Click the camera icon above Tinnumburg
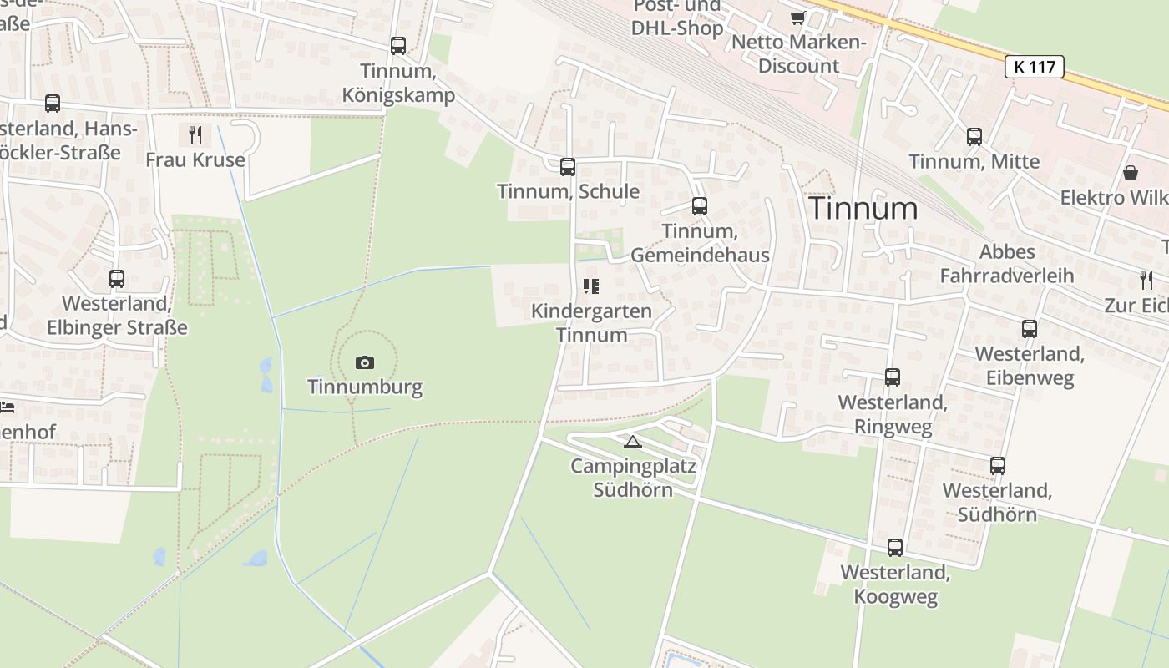coord(365,362)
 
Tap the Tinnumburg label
coord(365,387)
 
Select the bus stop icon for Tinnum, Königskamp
coord(398,46)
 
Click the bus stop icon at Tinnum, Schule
coord(568,167)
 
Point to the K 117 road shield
coord(1035,67)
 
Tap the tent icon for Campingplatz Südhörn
coord(633,442)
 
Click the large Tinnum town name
coord(863,208)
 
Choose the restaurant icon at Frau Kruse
coord(195,134)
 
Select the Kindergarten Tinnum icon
coord(591,287)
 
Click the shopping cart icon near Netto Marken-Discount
coord(797,18)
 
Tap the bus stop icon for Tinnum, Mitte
coord(974,137)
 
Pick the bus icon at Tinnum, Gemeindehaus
coord(700,205)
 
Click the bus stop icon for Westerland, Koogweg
coord(895,548)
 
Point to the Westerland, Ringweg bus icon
coord(893,377)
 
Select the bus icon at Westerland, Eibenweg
coord(1030,329)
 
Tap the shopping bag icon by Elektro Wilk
coord(1131,173)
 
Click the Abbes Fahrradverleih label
coord(1007,263)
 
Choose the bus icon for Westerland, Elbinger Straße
coord(117,279)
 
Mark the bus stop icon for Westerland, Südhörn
coord(998,466)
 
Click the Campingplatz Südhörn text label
coord(633,478)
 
